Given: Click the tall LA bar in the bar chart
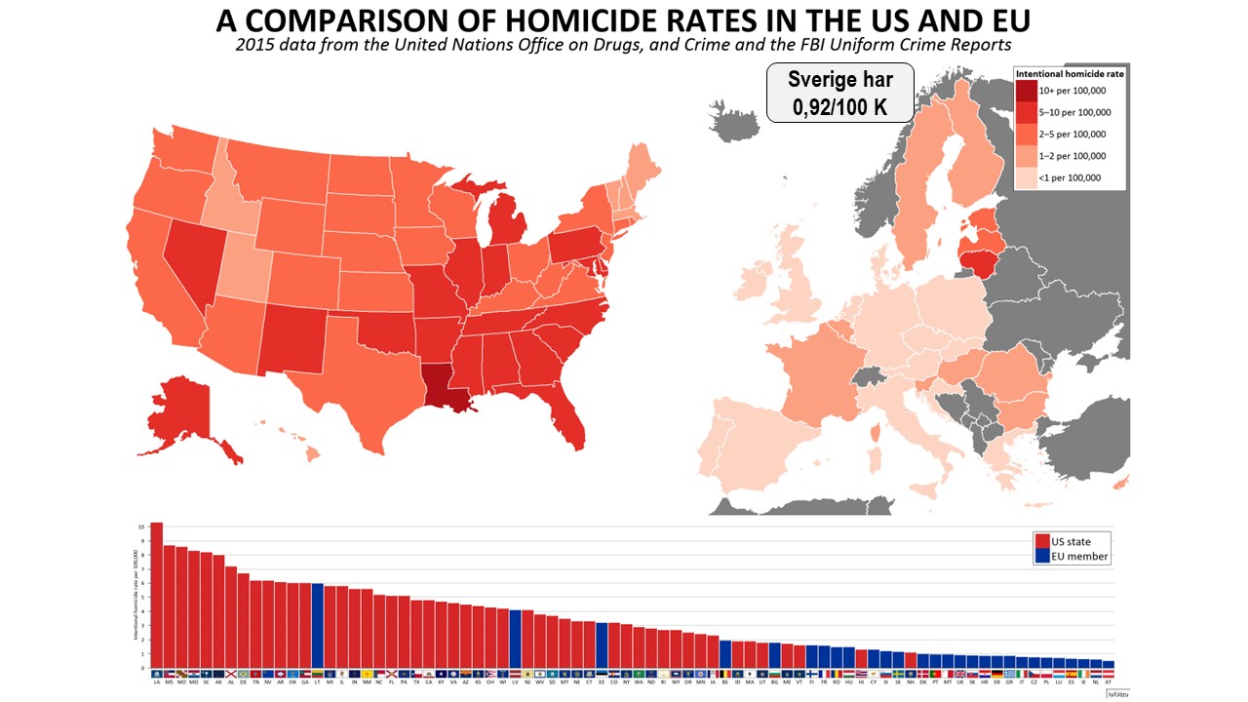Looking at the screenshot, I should [x=156, y=595].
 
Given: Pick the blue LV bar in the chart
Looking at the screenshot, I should [x=515, y=640].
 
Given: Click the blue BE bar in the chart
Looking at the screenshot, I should [x=725, y=654].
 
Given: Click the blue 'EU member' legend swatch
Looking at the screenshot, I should [x=1042, y=557].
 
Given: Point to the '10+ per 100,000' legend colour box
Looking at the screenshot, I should [x=1028, y=91].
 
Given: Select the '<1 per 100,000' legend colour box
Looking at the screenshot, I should [x=1028, y=177].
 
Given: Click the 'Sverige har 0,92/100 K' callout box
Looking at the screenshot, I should [x=839, y=93].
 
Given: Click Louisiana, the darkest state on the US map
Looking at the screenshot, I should [x=444, y=385].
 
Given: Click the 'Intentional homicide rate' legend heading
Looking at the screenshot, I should [x=1070, y=73].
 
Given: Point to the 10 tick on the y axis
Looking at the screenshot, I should [x=141, y=526].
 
